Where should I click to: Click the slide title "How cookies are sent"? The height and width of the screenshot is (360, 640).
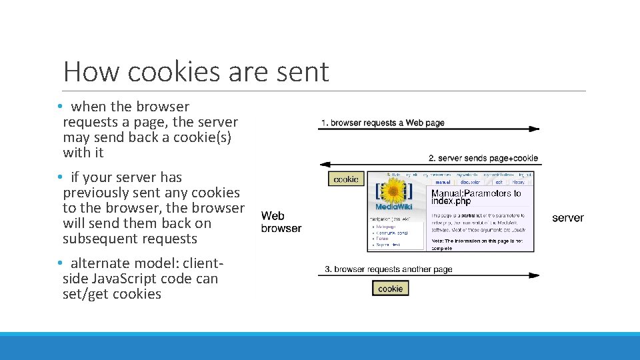(196, 71)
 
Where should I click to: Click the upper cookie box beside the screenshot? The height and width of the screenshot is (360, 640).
(346, 179)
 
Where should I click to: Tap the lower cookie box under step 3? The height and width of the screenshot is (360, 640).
(390, 289)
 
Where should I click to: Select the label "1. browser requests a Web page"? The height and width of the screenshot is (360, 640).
(383, 123)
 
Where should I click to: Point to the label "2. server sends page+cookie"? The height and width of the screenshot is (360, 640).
(483, 158)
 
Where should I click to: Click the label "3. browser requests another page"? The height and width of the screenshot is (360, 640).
(389, 269)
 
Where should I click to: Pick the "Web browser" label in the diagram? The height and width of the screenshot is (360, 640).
(281, 222)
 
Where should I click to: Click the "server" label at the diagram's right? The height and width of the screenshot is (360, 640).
(567, 218)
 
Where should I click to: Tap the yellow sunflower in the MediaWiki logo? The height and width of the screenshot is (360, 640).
(393, 192)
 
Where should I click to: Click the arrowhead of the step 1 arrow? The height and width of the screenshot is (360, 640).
(535, 129)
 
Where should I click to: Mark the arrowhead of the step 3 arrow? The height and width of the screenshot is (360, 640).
(535, 275)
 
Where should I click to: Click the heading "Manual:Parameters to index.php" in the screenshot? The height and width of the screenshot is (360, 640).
(476, 197)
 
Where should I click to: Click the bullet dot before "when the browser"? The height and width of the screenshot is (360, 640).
(59, 107)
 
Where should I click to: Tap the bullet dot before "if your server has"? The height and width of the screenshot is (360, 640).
(59, 177)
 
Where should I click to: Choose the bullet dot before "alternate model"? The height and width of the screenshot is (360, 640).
(59, 263)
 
